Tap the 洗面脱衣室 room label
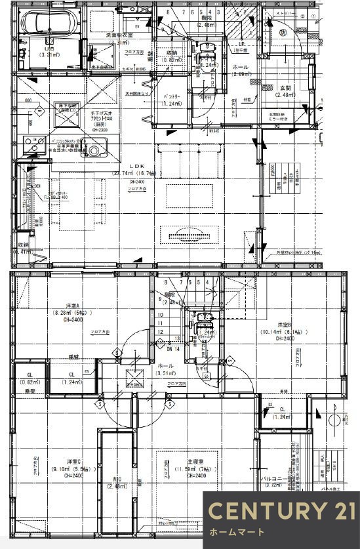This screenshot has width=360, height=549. (119, 35)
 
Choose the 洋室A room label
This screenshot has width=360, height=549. (68, 306)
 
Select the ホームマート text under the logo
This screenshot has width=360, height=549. (237, 532)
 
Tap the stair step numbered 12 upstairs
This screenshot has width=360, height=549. (160, 333)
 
